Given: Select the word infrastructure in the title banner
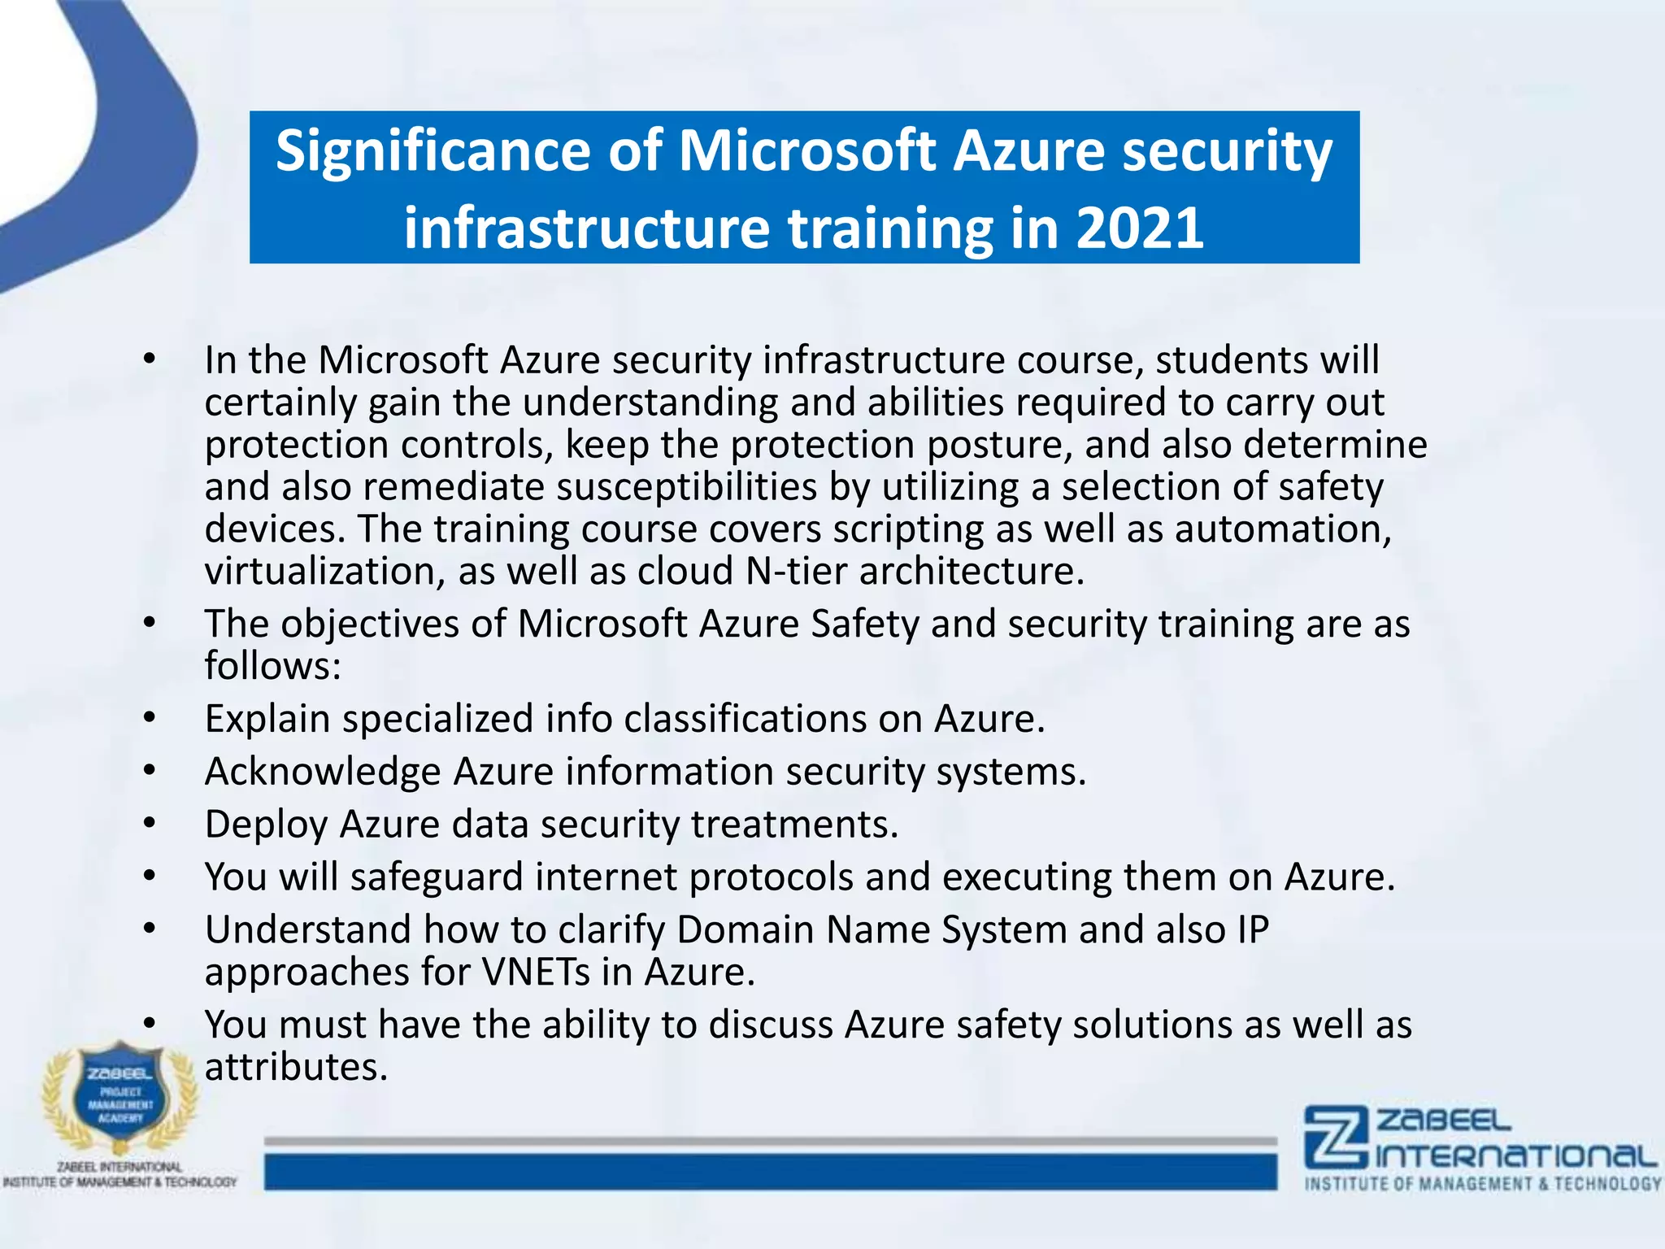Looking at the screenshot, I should pyautogui.click(x=586, y=228).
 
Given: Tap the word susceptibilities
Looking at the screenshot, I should pyautogui.click(x=686, y=487).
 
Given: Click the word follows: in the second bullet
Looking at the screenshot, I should pyautogui.click(x=272, y=666).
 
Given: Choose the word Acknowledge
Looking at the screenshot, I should pyautogui.click(x=322, y=772).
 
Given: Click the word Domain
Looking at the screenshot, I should pyautogui.click(x=745, y=929).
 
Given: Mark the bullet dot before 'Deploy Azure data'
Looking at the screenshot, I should pyautogui.click(x=149, y=825).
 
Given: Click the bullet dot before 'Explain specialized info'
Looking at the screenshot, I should pyautogui.click(x=149, y=719).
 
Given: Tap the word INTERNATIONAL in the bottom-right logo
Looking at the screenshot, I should pyautogui.click(x=1516, y=1156).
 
